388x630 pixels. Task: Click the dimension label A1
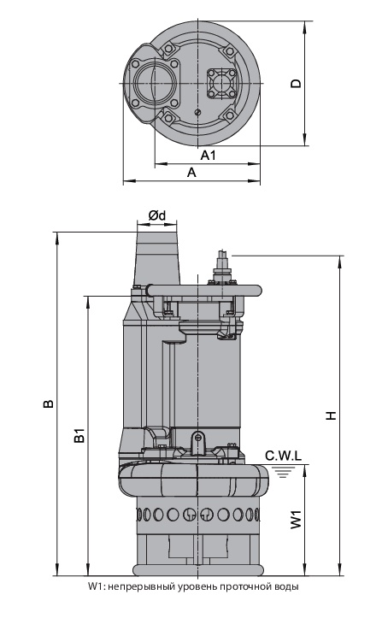point(208,155)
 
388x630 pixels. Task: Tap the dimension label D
point(296,83)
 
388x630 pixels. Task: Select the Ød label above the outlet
point(156,215)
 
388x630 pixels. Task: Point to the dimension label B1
point(79,436)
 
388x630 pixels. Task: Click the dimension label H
point(331,415)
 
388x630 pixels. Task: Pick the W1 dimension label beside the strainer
point(296,520)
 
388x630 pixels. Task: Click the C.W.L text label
point(283,456)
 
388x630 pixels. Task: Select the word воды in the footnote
point(285,586)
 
